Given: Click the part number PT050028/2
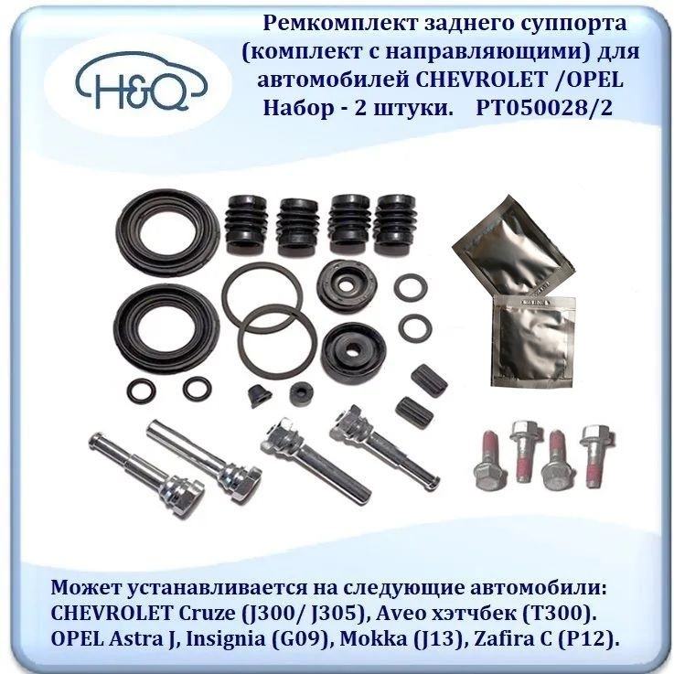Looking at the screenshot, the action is (x=544, y=108).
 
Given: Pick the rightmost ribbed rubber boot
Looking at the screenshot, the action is (x=395, y=224).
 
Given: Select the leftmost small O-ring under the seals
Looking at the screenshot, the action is (x=140, y=390).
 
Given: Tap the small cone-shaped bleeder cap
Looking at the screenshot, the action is (x=259, y=395).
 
